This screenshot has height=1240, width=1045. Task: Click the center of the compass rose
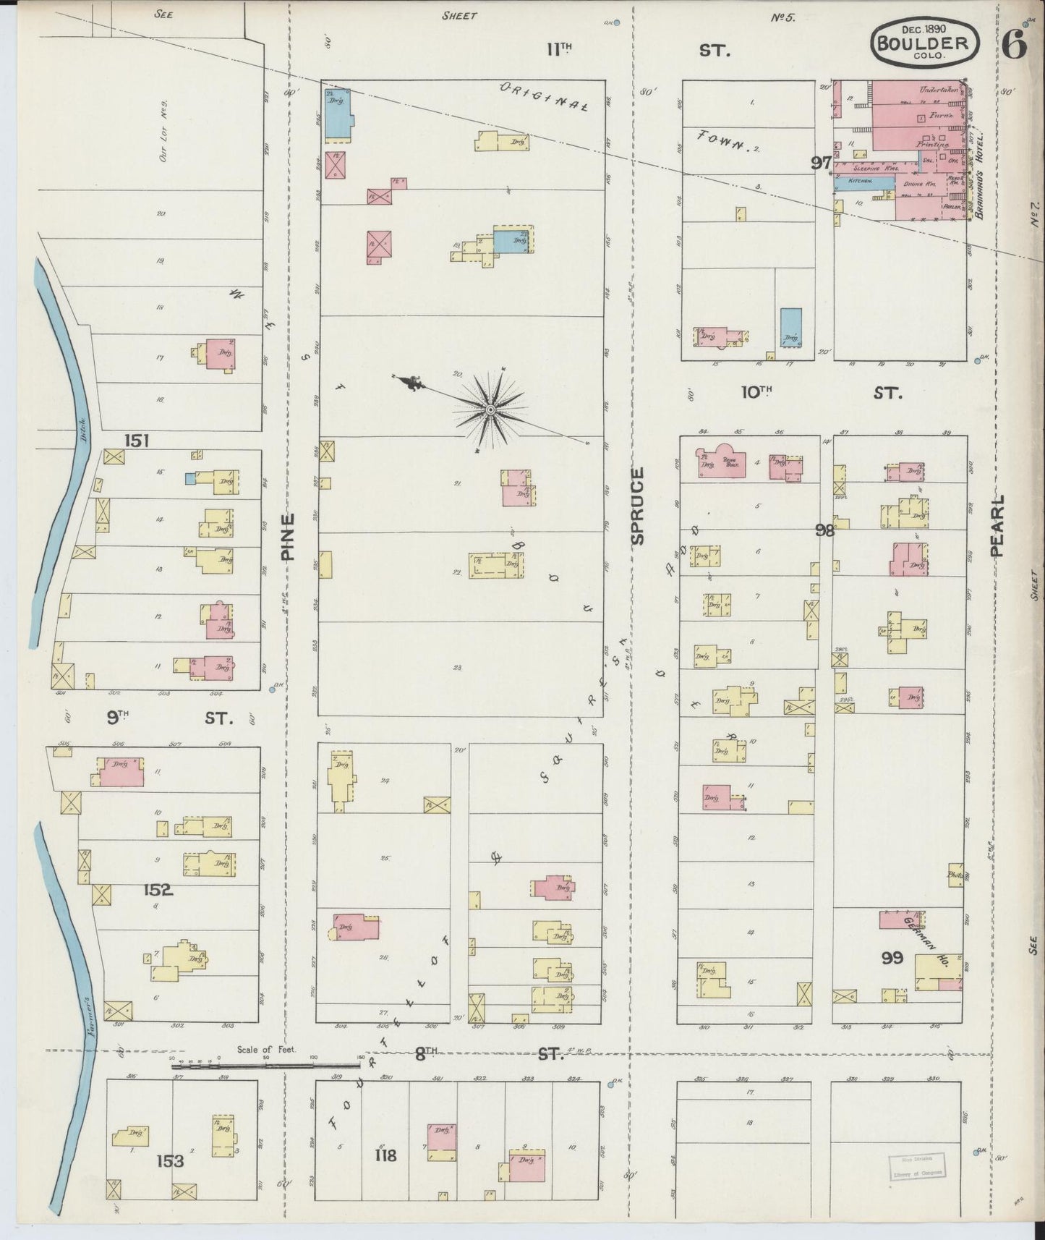point(490,410)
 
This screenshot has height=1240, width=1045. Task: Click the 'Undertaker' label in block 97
point(938,90)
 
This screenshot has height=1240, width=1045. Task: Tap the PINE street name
point(288,537)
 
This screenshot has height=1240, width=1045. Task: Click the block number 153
point(169,1161)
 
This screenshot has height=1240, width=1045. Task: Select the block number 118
point(385,1155)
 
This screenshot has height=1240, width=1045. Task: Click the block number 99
point(892,958)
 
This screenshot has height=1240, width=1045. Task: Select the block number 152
point(158,890)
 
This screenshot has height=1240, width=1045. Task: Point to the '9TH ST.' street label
point(170,718)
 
